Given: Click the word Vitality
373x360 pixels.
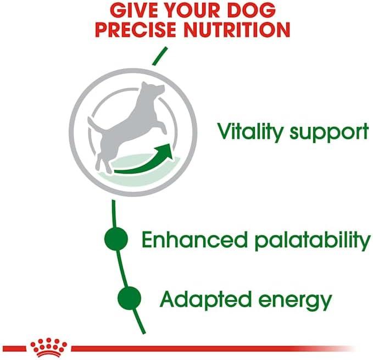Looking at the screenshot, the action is point(250,131).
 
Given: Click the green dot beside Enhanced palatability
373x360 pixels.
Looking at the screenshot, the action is point(116,239).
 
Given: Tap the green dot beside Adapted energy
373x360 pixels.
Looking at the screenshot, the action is point(130,298).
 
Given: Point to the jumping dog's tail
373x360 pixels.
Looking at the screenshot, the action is point(94,125).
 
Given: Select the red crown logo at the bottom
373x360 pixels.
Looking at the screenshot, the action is point(48,347).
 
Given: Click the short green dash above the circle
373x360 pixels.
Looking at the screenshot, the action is point(160,56).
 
